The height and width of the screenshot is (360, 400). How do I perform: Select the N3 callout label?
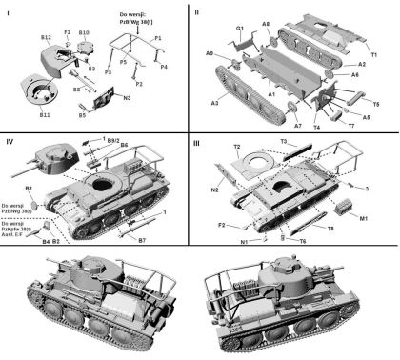pyautogui.click(x=128, y=97)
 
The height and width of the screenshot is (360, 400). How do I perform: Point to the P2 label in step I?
pyautogui.click(x=140, y=84)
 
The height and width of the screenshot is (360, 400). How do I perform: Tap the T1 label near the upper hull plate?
pyautogui.click(x=373, y=56)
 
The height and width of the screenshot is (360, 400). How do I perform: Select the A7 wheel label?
pyautogui.click(x=297, y=125)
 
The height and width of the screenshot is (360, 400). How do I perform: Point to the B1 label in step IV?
pyautogui.click(x=29, y=190)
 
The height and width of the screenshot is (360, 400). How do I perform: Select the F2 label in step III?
pyautogui.click(x=222, y=226)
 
